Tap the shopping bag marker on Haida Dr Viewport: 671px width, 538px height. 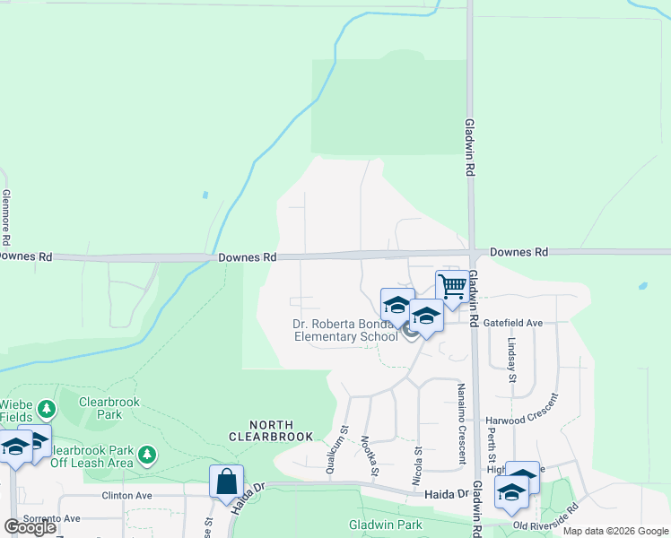tap(227, 482)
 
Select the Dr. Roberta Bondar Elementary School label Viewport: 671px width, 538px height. tap(345, 331)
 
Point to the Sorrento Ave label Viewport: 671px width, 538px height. tap(52, 518)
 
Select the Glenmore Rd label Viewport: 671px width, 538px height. tap(7, 217)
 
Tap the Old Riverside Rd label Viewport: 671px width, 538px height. tap(545, 516)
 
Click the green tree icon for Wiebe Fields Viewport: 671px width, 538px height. tap(47, 410)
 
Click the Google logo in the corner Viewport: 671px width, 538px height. tap(30, 527)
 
